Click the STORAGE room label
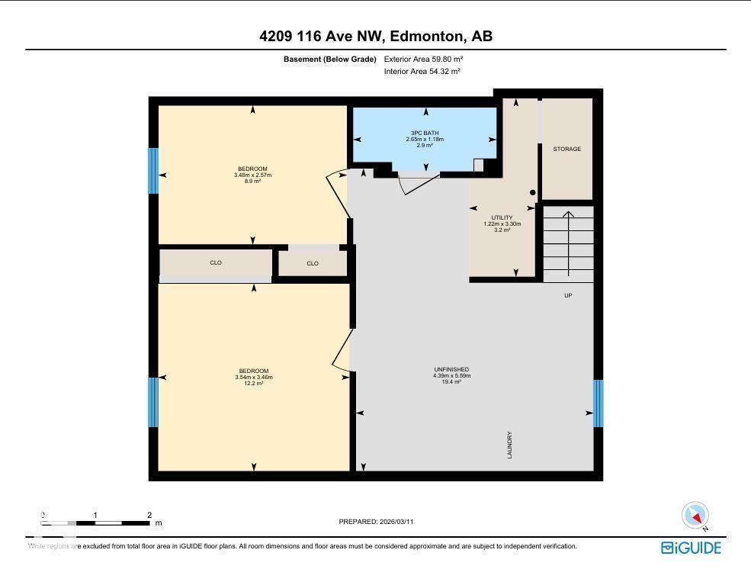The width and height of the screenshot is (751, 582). point(566,149)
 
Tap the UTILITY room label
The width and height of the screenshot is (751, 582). point(502,217)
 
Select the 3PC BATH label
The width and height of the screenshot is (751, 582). point(425,133)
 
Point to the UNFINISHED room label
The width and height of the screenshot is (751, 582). point(451,369)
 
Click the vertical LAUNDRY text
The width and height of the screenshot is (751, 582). point(509,445)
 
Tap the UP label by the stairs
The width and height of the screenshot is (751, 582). point(568,295)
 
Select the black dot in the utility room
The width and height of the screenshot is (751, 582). point(533,193)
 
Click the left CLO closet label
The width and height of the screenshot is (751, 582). point(216,263)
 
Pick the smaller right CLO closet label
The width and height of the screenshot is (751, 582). point(313,264)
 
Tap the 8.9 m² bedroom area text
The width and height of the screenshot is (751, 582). point(252,182)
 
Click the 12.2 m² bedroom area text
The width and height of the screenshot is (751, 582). point(253,383)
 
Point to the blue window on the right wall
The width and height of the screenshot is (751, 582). point(598,404)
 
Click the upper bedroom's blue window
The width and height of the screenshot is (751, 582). point(153,171)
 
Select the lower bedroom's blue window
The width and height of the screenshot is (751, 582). point(153,402)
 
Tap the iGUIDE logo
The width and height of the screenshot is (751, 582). point(691,547)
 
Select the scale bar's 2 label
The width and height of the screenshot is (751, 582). point(149,516)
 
